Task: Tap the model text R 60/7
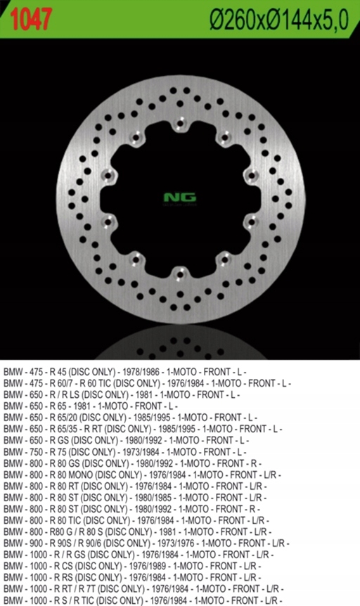(x=60, y=382)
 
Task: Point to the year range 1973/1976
(x=175, y=543)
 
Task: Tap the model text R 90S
(x=60, y=543)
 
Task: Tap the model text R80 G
(x=60, y=532)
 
